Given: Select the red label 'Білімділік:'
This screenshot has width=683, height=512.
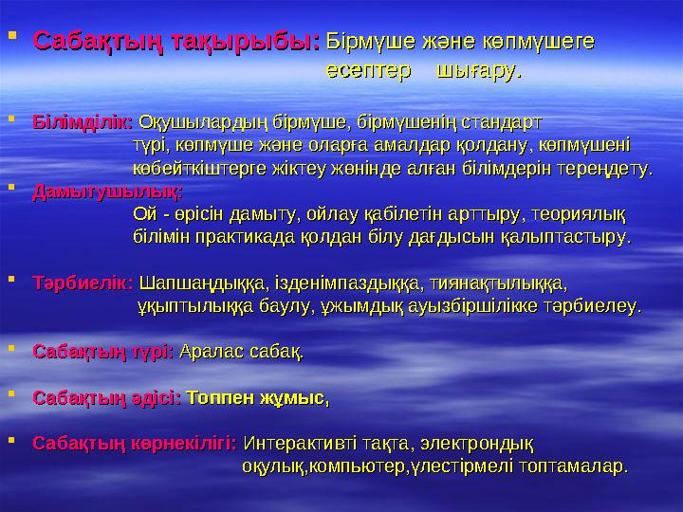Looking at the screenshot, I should [83, 122].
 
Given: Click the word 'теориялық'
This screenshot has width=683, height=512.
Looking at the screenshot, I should [580, 211].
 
